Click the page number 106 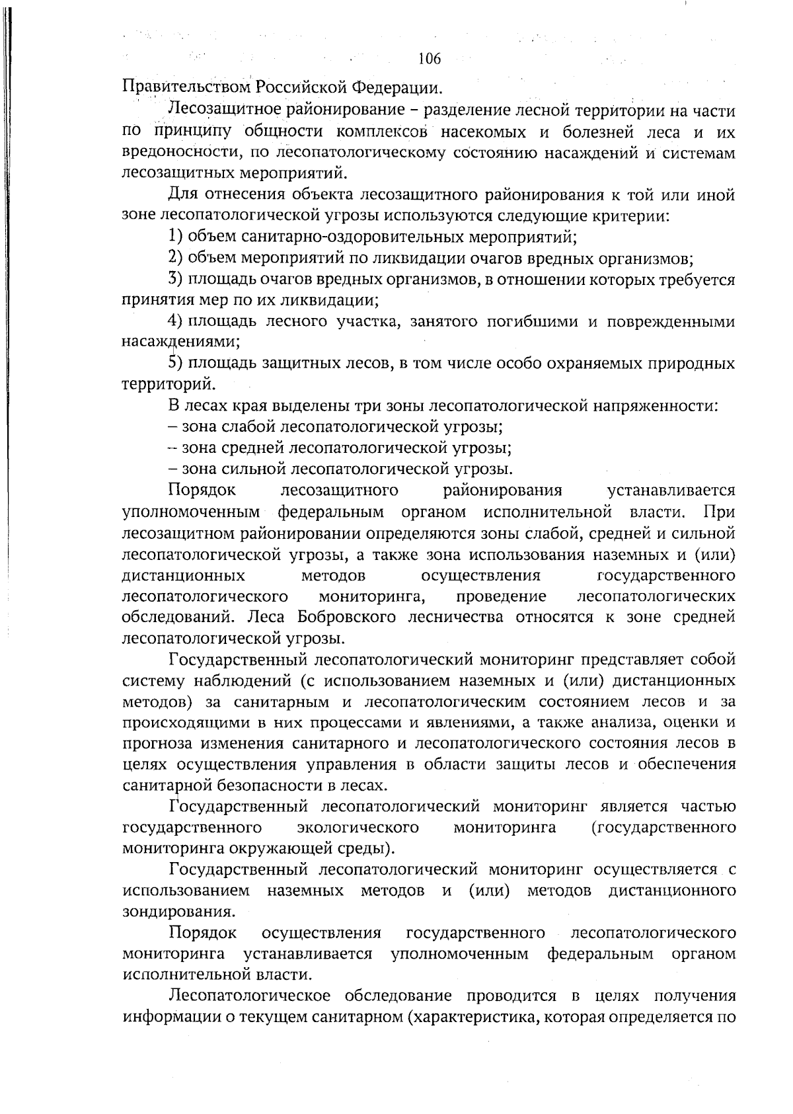(x=430, y=60)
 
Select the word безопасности (x=260, y=785)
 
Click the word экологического (x=358, y=828)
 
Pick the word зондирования (x=178, y=912)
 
